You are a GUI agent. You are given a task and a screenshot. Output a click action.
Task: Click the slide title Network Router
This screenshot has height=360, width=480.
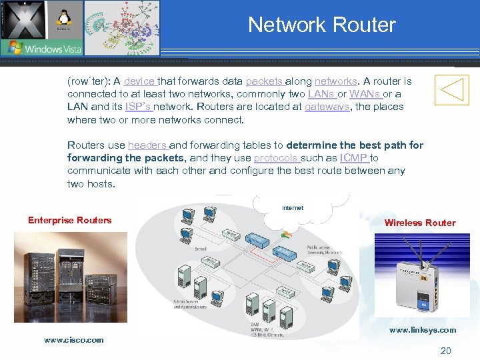point(321,25)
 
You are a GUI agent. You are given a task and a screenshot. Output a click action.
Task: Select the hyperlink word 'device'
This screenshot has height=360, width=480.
point(139,81)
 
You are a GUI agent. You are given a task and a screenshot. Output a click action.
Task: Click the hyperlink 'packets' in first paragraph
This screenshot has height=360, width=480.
point(264,81)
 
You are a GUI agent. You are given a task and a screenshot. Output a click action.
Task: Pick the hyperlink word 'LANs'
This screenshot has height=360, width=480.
point(321,94)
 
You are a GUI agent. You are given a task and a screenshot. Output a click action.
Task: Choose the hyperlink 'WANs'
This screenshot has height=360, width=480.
point(364,94)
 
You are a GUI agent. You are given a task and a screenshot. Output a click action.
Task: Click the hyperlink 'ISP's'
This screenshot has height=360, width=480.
point(138,107)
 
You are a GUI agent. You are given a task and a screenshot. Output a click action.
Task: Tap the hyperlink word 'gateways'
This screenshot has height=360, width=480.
point(327,107)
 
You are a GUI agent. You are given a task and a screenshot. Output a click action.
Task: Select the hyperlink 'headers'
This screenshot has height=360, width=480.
point(147,145)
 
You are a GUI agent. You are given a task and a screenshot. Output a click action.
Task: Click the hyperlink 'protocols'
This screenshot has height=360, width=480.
point(275,158)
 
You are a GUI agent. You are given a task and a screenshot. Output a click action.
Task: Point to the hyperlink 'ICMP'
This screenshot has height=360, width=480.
point(354,158)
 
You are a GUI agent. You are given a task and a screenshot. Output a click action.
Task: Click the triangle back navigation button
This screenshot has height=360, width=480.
point(451,89)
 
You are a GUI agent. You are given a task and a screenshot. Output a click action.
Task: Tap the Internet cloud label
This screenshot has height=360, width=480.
point(293,208)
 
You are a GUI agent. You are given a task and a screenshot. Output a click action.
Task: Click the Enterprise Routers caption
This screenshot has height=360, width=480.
point(70,220)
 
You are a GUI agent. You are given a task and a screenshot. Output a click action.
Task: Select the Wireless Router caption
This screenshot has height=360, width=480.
point(420,223)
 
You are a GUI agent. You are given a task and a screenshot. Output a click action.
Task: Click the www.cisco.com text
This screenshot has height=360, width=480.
point(74,340)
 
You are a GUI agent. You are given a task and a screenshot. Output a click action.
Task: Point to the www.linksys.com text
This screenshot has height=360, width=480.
point(423,330)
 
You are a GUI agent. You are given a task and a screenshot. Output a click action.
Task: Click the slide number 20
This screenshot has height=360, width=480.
point(445,351)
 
